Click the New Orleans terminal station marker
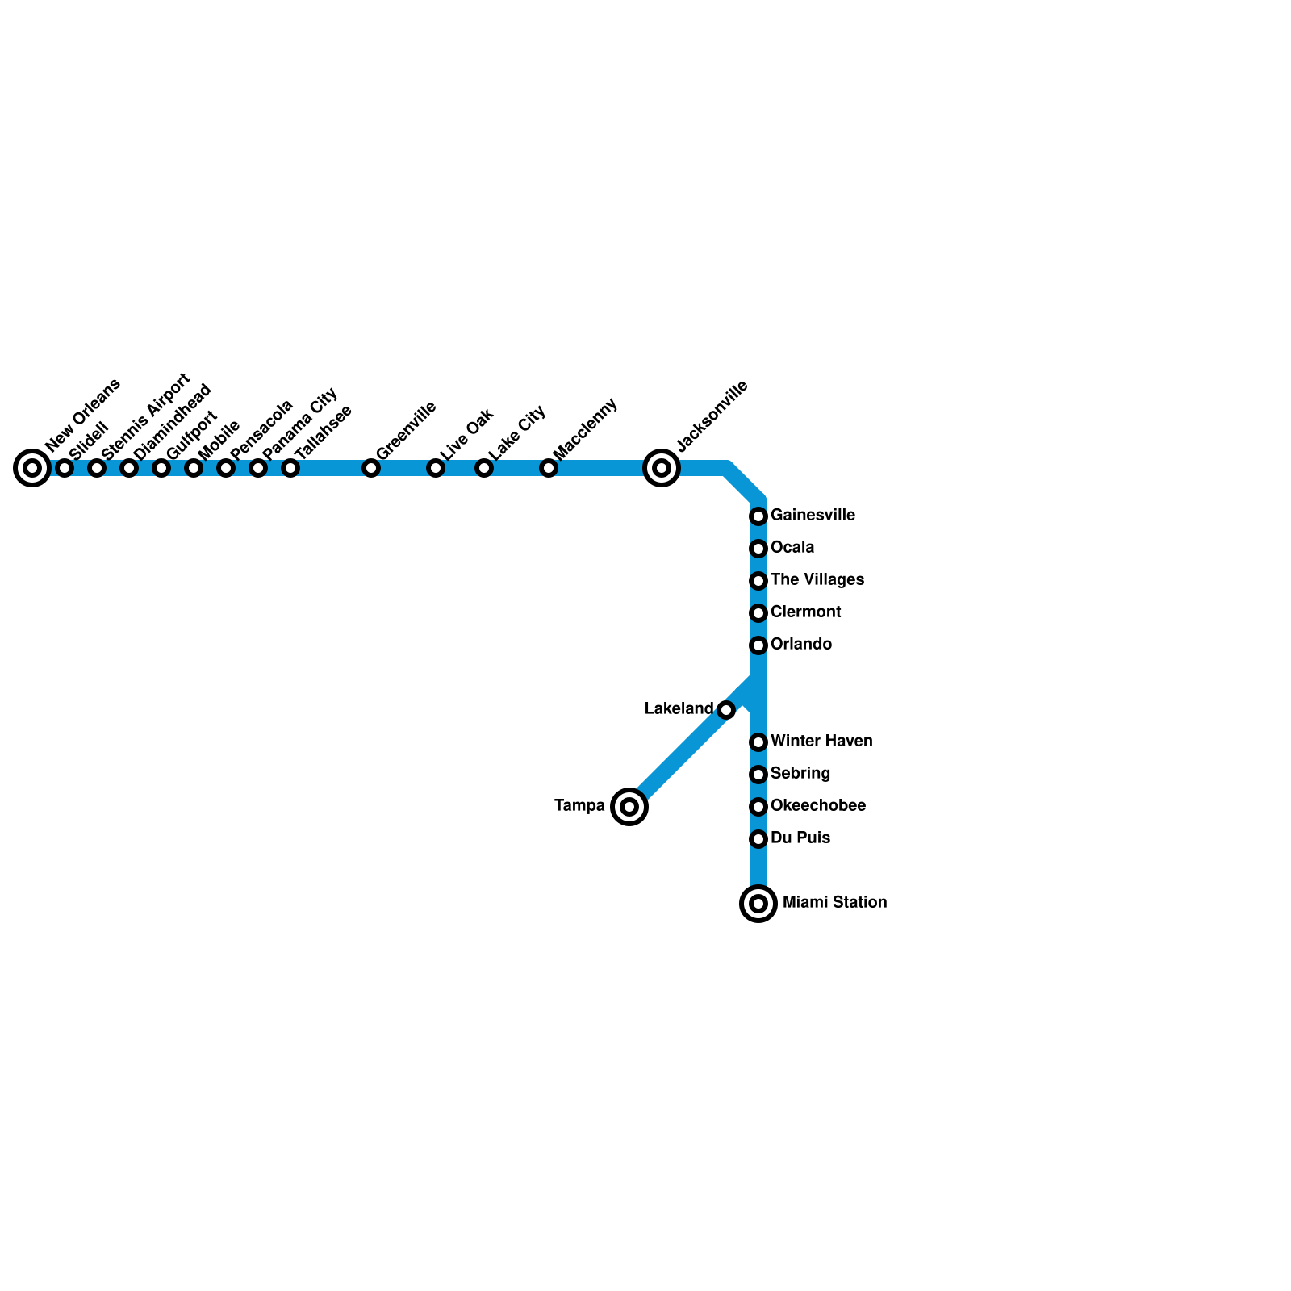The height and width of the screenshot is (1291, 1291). [x=32, y=468]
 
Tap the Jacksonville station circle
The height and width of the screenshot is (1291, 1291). [x=662, y=468]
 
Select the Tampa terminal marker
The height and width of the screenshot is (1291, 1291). [x=629, y=807]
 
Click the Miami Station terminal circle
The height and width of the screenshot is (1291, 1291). [x=758, y=904]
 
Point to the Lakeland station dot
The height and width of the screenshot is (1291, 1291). [x=726, y=710]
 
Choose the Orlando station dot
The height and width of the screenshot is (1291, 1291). [x=758, y=645]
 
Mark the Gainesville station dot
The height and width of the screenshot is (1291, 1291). [x=758, y=516]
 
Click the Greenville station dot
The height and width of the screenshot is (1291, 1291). [x=371, y=468]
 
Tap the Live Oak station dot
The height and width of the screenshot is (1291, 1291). [x=436, y=468]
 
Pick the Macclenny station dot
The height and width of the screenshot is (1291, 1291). [x=549, y=468]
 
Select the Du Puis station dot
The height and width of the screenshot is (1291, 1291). [x=758, y=839]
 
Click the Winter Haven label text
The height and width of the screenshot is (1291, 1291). [x=821, y=741]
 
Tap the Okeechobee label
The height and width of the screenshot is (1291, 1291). [x=818, y=805]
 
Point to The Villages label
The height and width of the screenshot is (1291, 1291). [x=817, y=579]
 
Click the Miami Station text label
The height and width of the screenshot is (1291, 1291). [x=835, y=902]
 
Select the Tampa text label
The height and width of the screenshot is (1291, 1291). [x=579, y=805]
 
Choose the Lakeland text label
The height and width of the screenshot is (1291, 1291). [x=679, y=708]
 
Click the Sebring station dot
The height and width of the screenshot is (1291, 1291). [x=758, y=775]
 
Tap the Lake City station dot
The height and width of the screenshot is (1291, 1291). [x=484, y=468]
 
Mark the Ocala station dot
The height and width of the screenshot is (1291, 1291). [x=758, y=549]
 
